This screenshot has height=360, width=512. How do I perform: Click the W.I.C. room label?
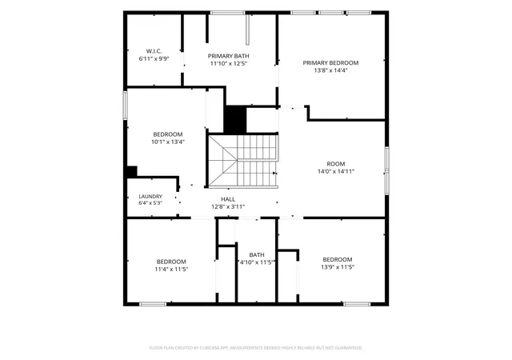click(154, 51)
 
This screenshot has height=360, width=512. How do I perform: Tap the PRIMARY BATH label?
click(228, 56)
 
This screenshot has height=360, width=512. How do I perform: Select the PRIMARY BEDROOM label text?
click(330, 62)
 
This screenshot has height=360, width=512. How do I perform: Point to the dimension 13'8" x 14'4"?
click(330, 70)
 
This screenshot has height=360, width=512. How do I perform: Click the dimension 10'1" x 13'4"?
click(168, 142)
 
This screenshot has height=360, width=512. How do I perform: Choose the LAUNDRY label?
click(150, 196)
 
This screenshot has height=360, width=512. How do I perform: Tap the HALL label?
click(228, 199)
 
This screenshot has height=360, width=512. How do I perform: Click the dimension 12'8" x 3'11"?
click(228, 206)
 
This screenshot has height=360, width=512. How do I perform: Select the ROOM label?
click(336, 164)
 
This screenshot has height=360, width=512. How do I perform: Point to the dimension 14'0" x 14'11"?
click(336, 171)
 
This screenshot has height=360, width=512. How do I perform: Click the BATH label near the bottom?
click(257, 254)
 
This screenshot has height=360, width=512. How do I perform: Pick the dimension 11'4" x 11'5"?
click(171, 269)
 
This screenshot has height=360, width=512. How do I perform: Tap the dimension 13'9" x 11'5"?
click(338, 267)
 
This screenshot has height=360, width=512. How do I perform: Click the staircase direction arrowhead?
click(275, 173)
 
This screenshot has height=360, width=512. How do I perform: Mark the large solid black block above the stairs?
click(235, 119)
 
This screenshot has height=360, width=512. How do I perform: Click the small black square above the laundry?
click(131, 171)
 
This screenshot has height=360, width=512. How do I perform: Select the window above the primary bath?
click(227, 13)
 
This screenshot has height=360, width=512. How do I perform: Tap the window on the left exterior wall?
click(125, 105)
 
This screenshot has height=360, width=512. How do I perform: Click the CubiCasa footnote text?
click(256, 348)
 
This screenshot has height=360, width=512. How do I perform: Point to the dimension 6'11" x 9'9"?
click(154, 59)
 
